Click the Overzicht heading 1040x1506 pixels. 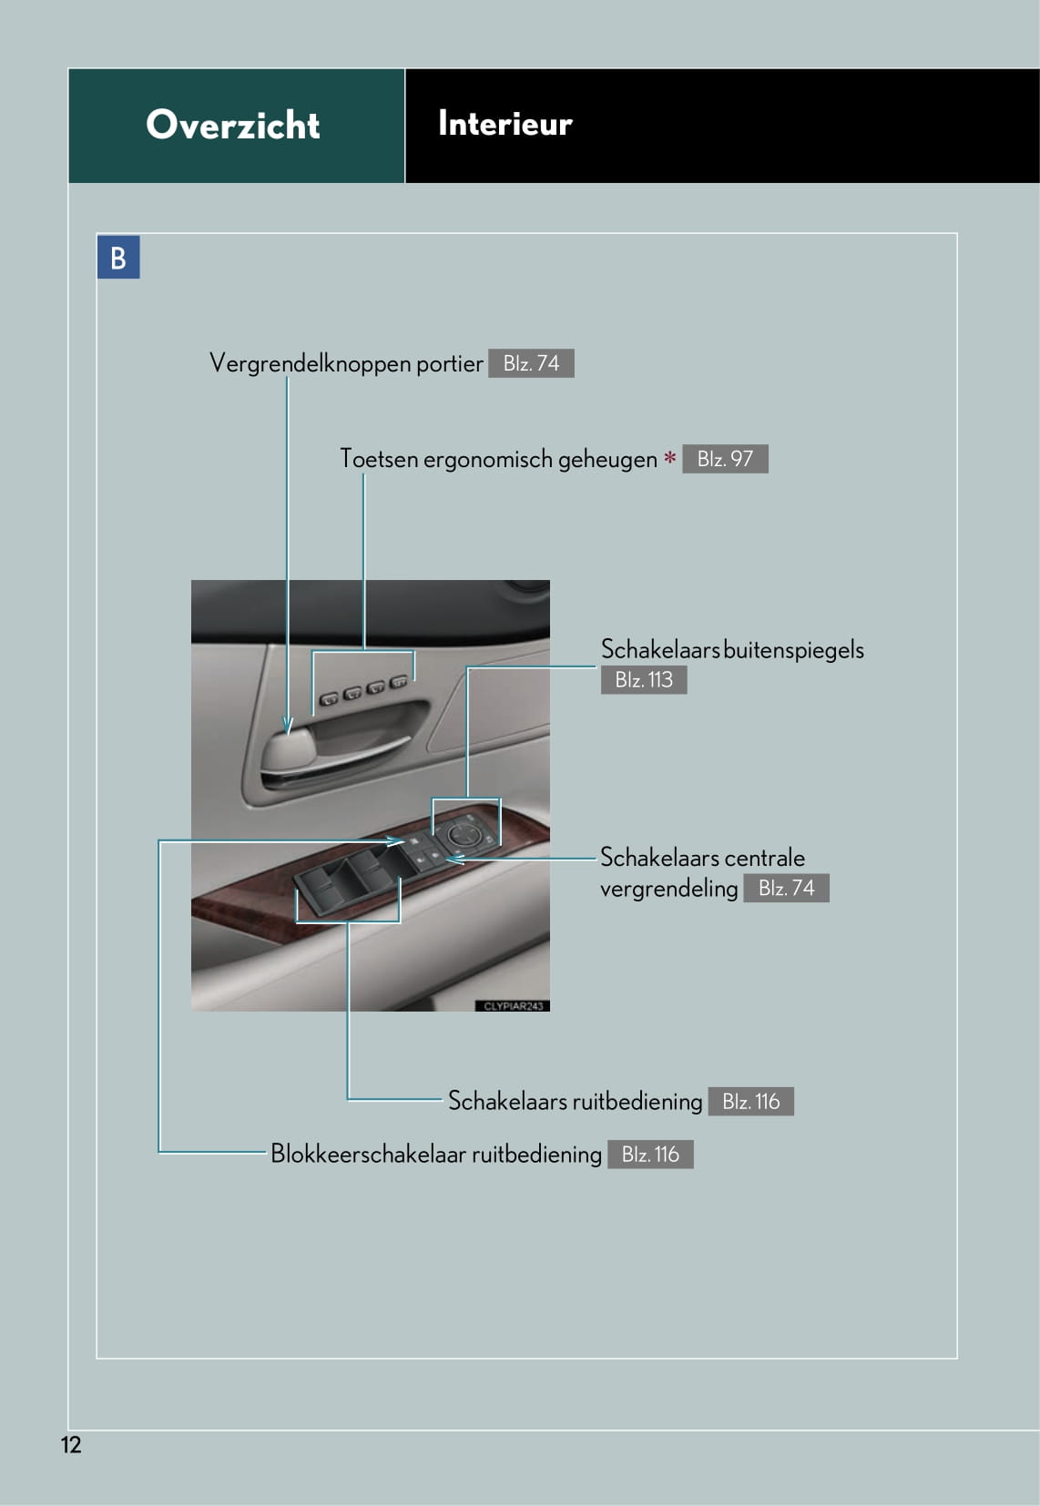click(232, 125)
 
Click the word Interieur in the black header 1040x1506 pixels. click(505, 123)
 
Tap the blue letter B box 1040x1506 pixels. click(118, 258)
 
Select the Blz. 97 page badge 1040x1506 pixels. click(725, 459)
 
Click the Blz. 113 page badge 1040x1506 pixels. click(643, 679)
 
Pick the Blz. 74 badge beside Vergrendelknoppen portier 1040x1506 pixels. click(531, 363)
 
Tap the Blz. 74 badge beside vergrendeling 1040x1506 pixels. click(786, 888)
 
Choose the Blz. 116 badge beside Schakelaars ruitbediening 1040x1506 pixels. click(750, 1102)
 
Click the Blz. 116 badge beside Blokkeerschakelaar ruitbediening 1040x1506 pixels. click(650, 1155)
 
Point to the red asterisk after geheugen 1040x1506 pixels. click(669, 458)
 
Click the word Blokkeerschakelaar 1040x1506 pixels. click(368, 1155)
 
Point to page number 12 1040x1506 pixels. click(71, 1445)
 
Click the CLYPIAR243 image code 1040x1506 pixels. click(513, 1006)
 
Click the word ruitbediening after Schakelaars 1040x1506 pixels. click(637, 1102)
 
